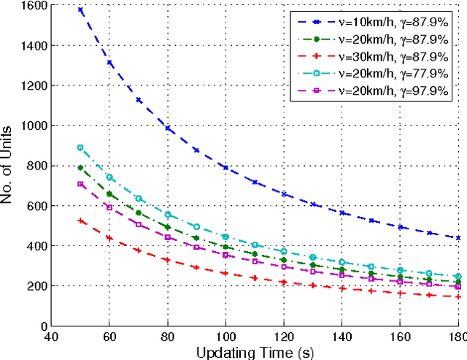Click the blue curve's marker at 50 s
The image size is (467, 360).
(80, 10)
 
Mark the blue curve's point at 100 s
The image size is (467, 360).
(225, 168)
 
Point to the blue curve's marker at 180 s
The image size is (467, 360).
(458, 238)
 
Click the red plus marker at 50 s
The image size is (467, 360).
(80, 221)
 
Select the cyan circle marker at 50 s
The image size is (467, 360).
(80, 148)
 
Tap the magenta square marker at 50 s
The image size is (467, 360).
(80, 184)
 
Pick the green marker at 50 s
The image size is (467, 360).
(80, 168)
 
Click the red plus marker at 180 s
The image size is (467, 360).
(458, 296)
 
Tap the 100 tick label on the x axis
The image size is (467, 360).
(225, 337)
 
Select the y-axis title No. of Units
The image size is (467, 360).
(8, 166)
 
